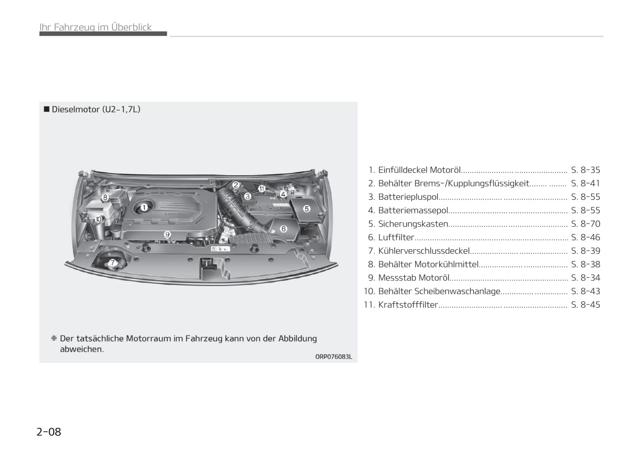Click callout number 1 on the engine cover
(x=144, y=208)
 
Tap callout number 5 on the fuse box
(x=307, y=209)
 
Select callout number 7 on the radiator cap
(x=113, y=262)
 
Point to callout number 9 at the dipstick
(x=167, y=235)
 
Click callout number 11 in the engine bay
(x=262, y=189)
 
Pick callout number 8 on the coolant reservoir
(x=105, y=197)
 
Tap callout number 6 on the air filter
(x=283, y=228)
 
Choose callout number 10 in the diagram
(x=98, y=220)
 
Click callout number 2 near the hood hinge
(x=236, y=185)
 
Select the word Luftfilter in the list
(x=396, y=237)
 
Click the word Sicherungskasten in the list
(x=413, y=224)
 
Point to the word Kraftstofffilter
(x=408, y=304)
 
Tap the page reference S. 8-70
(x=585, y=224)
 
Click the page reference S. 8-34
(x=585, y=278)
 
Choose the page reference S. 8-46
(x=585, y=237)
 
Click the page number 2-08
(x=49, y=432)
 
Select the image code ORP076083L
(x=333, y=356)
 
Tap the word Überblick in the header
(x=131, y=27)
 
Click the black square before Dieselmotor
(x=47, y=109)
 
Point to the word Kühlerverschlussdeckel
(x=424, y=251)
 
